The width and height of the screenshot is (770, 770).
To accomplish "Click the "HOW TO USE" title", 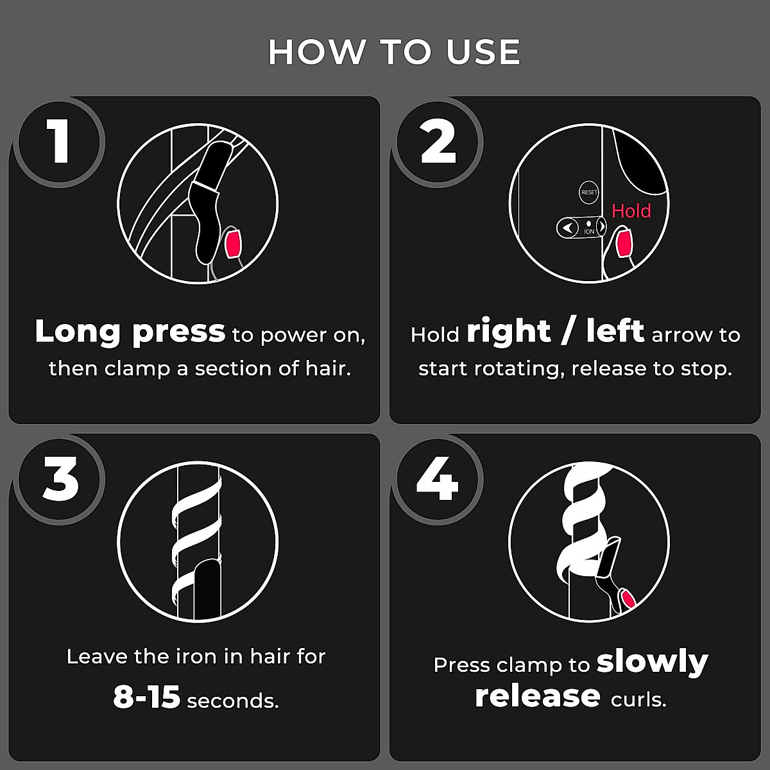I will [393, 52].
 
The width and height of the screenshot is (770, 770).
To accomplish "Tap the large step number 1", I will [60, 142].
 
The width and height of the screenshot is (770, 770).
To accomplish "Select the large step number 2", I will [438, 142].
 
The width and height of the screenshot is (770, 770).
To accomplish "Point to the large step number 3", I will [60, 479].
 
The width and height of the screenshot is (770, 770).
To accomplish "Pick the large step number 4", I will [438, 479].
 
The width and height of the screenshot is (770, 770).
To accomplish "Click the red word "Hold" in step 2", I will [631, 211].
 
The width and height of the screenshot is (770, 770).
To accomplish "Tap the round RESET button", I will [588, 193].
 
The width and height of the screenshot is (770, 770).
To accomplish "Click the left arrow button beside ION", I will [567, 227].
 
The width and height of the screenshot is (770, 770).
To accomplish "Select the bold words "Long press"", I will [130, 332].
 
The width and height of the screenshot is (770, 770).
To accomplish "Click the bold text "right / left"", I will [555, 332].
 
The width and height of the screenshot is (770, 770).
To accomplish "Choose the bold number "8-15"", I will [147, 697].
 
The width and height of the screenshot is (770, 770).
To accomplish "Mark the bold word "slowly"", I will [652, 662].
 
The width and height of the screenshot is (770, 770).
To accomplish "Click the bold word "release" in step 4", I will [538, 696].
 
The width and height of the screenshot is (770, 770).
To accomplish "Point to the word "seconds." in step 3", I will [233, 701].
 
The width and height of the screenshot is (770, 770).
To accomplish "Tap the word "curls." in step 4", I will [638, 699].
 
